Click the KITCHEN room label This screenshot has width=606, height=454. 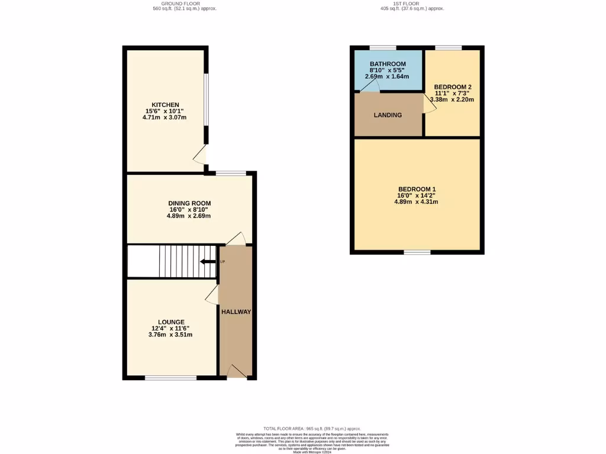click(x=165, y=105)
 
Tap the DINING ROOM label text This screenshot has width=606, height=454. click(x=189, y=203)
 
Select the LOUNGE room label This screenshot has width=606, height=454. click(x=171, y=322)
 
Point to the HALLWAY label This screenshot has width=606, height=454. click(x=236, y=312)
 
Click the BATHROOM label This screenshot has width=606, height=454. click(x=388, y=64)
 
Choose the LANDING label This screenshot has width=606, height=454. click(x=388, y=115)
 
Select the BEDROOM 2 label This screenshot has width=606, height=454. click(x=453, y=86)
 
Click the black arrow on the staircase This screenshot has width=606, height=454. click(x=208, y=262)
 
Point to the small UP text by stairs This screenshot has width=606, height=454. click(x=223, y=261)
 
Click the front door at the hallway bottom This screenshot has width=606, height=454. click(x=237, y=372)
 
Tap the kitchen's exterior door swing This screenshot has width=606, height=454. click(x=201, y=155)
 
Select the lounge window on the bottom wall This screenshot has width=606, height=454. click(x=170, y=377)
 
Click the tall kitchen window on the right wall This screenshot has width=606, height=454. click(x=206, y=99)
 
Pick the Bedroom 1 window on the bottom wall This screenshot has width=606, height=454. click(x=417, y=252)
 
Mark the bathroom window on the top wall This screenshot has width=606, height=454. click(x=383, y=47)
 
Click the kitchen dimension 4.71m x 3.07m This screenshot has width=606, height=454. click(x=165, y=118)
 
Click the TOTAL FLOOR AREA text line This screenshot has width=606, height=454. click(x=311, y=428)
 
